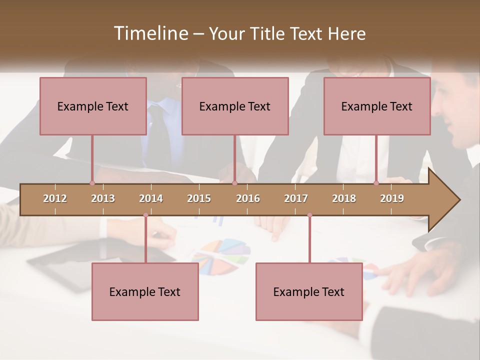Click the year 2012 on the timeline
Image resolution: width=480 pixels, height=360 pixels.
tap(55, 198)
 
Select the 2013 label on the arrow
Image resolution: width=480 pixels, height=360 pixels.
tap(103, 198)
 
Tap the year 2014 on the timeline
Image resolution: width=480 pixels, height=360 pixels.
tap(151, 198)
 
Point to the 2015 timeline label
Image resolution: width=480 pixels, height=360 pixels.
tap(199, 198)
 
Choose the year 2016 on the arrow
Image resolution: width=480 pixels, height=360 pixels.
tap(248, 198)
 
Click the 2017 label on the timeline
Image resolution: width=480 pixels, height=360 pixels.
tap(296, 198)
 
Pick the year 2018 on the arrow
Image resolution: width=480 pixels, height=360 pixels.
tap(344, 198)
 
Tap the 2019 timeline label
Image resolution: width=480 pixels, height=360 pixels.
tap(392, 198)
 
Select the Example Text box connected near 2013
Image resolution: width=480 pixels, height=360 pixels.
tap(93, 106)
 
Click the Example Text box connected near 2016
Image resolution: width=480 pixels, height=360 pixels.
tap(235, 106)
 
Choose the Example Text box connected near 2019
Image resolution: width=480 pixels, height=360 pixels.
tap(377, 106)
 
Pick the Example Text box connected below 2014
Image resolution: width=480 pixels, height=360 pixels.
tap(145, 291)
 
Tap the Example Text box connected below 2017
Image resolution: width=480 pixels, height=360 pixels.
tap(309, 291)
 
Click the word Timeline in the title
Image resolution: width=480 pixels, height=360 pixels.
tap(150, 33)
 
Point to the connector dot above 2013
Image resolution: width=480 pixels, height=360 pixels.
tap(92, 183)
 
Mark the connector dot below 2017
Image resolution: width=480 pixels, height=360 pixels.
tap(309, 215)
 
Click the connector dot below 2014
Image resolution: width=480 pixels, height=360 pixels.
tap(145, 215)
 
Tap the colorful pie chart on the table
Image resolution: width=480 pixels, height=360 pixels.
tap(221, 255)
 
